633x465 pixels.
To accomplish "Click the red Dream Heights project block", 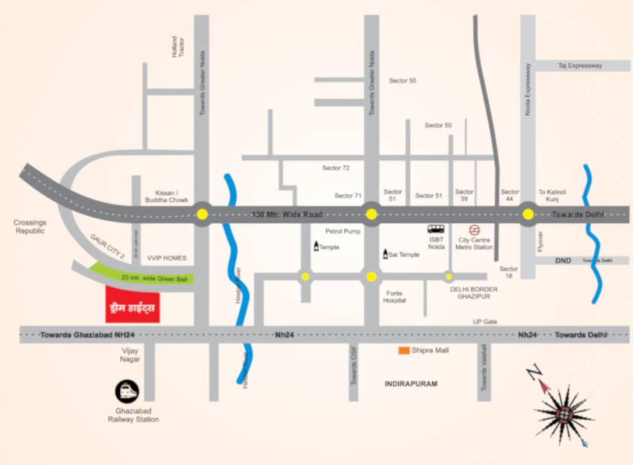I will (x=133, y=305).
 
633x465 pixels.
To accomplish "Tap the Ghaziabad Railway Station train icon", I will (x=127, y=391).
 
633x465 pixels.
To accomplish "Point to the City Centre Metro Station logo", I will (x=475, y=229).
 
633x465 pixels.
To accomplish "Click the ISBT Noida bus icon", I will (x=436, y=229).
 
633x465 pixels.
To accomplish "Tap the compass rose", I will (x=563, y=414).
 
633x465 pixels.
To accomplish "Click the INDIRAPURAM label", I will (x=410, y=384).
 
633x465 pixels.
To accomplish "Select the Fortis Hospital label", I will (x=395, y=297).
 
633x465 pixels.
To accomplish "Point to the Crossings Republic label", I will (x=30, y=227).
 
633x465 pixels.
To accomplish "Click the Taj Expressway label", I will (x=580, y=65).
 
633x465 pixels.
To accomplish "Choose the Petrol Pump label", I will (x=343, y=231).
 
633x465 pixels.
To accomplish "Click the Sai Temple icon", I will (x=385, y=254).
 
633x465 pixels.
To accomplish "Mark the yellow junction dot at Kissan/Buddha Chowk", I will (x=202, y=214).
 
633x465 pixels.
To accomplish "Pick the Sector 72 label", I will (x=336, y=168).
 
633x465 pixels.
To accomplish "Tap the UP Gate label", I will (x=485, y=322).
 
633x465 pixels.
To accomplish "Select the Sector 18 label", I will (x=509, y=272).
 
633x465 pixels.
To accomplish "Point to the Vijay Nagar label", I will (x=130, y=355).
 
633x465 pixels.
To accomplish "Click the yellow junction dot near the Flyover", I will (x=528, y=214).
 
